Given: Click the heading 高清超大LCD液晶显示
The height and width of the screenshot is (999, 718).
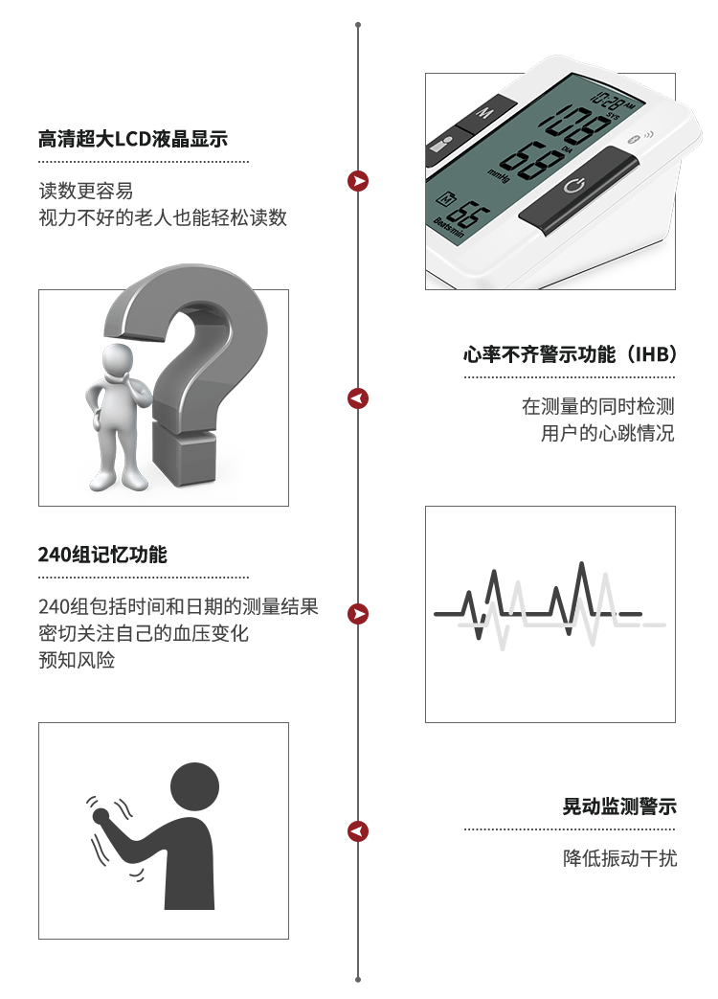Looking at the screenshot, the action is (133, 138).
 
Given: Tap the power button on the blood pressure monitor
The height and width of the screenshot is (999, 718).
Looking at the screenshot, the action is (578, 190).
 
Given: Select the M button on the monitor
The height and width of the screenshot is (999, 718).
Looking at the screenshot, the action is (484, 113).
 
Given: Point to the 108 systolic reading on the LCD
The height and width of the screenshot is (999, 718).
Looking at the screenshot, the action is (574, 125).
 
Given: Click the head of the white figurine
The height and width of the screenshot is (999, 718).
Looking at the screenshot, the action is (119, 361).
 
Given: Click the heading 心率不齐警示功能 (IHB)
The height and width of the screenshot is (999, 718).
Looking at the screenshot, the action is (570, 353).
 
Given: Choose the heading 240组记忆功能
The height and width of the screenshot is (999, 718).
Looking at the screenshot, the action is (102, 555).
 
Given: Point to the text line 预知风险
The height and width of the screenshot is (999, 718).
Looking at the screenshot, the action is (77, 660).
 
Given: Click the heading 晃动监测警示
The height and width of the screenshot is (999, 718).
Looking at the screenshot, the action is (619, 806).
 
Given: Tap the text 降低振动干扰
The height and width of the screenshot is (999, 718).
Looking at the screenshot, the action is (620, 858).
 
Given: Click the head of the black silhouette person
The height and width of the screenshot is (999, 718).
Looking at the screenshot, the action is (194, 787).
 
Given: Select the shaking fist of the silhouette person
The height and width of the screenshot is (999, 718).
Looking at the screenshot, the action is (101, 815).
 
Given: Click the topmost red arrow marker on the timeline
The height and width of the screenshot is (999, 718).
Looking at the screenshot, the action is (358, 181).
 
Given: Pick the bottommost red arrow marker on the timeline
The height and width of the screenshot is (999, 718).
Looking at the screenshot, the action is (358, 831).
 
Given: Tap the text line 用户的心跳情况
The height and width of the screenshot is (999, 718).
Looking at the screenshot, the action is (607, 433).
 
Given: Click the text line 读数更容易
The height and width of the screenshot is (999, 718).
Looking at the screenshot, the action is (86, 191).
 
